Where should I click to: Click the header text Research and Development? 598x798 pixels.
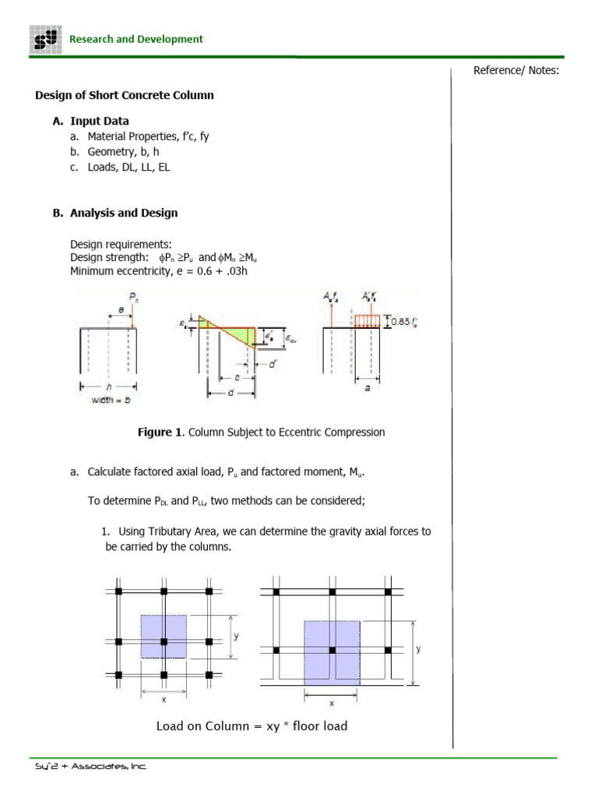pos(136,39)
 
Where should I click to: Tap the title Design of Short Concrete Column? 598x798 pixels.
pos(125,95)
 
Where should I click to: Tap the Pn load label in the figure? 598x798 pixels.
pos(132,296)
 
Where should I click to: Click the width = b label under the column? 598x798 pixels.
pos(111,400)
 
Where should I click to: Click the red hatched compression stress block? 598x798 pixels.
pos(367,320)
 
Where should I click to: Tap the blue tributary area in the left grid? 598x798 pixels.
pos(164,637)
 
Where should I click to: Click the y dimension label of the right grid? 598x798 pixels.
pos(418,648)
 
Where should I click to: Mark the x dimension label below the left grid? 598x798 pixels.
pos(164,699)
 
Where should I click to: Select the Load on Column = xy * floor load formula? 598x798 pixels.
pos(252,726)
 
